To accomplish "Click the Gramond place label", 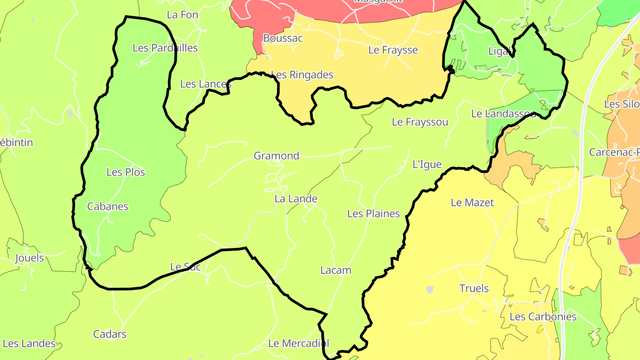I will coord(276,156).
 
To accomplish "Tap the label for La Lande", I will coord(296,199).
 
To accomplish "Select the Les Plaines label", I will coord(373,214).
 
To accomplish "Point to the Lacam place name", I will coord(336,270).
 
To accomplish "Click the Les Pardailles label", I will coord(165,48).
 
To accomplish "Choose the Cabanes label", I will coord(108,206).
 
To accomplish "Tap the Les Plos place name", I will coord(126,172).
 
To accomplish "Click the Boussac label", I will coord(283,38).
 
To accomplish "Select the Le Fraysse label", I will coord(393,50).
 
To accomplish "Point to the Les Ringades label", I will coord(302,75).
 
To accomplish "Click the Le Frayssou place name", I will coord(420,122).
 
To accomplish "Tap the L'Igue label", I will coord(427,164).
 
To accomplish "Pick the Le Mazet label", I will coord(472,203).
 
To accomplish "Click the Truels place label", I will coord(474,288).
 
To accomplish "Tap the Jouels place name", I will coord(29,258).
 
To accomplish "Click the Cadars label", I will coord(109,334).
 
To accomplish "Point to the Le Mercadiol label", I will coord(299,343).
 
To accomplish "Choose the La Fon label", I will coord(182,15).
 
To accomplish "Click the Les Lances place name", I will coord(206,84).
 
